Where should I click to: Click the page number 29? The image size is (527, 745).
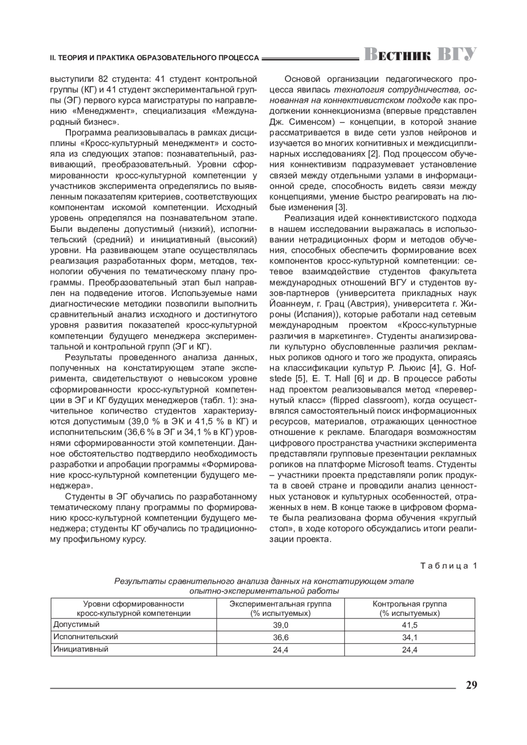pos(471,685)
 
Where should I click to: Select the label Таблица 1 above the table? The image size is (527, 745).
pos(448,566)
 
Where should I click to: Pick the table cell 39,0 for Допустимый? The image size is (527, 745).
pos(281,625)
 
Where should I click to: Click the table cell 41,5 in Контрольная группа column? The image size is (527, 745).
pos(410,625)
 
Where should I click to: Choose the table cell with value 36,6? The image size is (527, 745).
pos(281,637)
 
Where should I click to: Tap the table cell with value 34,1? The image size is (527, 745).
pos(410,637)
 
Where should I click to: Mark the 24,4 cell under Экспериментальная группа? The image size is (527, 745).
pos(281,650)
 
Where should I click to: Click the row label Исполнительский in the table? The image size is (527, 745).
pos(86,637)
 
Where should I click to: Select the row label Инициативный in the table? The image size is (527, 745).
pos(81,649)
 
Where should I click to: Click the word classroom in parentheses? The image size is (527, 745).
pos(383,400)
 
